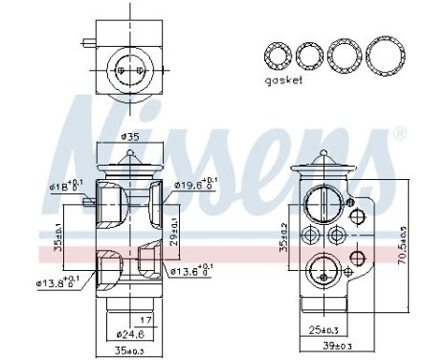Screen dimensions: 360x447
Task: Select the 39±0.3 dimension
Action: pyautogui.click(x=334, y=345)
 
